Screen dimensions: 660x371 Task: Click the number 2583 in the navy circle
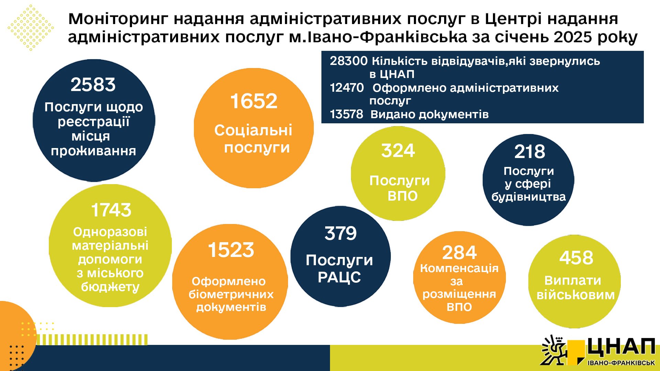click(93, 85)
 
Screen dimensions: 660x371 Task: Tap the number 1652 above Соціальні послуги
click(254, 101)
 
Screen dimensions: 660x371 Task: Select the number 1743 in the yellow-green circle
click(111, 210)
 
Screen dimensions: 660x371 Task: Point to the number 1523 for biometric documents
click(231, 250)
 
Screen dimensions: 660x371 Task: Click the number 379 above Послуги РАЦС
click(341, 233)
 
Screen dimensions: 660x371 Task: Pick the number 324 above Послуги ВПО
click(398, 150)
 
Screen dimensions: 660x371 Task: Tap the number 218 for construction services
click(530, 151)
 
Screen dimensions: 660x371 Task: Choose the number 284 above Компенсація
click(460, 252)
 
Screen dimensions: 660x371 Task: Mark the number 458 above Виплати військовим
click(576, 258)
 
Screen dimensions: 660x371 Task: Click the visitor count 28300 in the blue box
click(349, 61)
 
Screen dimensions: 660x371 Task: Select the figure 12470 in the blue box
click(346, 88)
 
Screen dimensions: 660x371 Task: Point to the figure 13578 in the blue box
click(346, 114)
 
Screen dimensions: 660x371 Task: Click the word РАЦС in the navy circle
click(339, 277)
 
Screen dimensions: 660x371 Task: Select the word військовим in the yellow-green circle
click(575, 295)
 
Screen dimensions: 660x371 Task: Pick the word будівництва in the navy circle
click(528, 197)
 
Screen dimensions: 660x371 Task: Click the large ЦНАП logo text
click(621, 348)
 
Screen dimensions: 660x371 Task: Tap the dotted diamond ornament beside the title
click(31, 27)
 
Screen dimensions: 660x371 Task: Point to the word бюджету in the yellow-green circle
click(110, 287)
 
